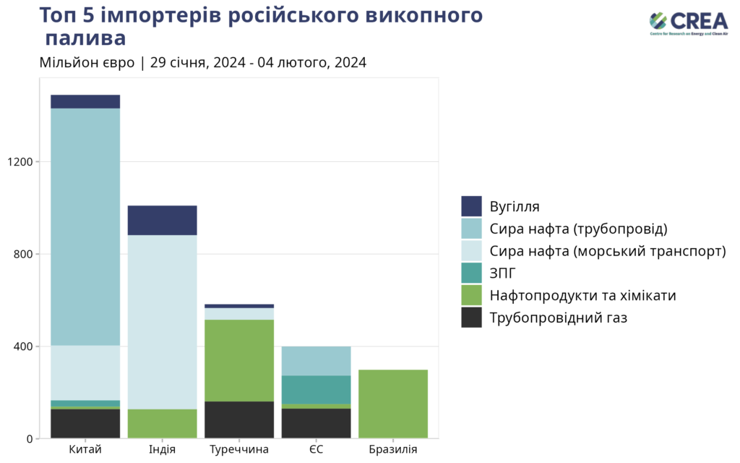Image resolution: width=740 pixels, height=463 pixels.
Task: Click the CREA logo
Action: (x=689, y=23)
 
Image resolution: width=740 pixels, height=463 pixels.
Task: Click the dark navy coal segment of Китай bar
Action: (x=85, y=101)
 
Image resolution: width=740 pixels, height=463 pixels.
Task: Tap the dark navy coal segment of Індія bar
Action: (x=162, y=220)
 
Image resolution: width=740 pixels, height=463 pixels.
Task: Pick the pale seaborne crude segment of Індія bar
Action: (x=162, y=322)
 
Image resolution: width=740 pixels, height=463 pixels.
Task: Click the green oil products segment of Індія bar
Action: (x=162, y=423)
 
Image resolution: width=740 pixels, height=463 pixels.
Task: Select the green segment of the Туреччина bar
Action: (x=239, y=360)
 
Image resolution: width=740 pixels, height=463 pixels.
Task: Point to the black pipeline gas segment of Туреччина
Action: (x=239, y=420)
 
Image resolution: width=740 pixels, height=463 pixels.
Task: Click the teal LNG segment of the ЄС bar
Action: (x=316, y=389)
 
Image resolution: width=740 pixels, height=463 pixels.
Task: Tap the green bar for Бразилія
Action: (x=392, y=404)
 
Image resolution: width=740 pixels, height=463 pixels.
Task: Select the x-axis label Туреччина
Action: (x=239, y=450)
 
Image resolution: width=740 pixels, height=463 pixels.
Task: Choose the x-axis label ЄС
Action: (x=316, y=450)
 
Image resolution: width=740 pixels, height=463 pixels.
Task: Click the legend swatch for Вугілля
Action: (x=471, y=206)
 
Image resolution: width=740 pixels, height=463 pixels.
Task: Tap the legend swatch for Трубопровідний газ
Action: (x=471, y=318)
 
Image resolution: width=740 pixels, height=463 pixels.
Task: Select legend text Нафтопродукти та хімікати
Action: (x=582, y=295)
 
